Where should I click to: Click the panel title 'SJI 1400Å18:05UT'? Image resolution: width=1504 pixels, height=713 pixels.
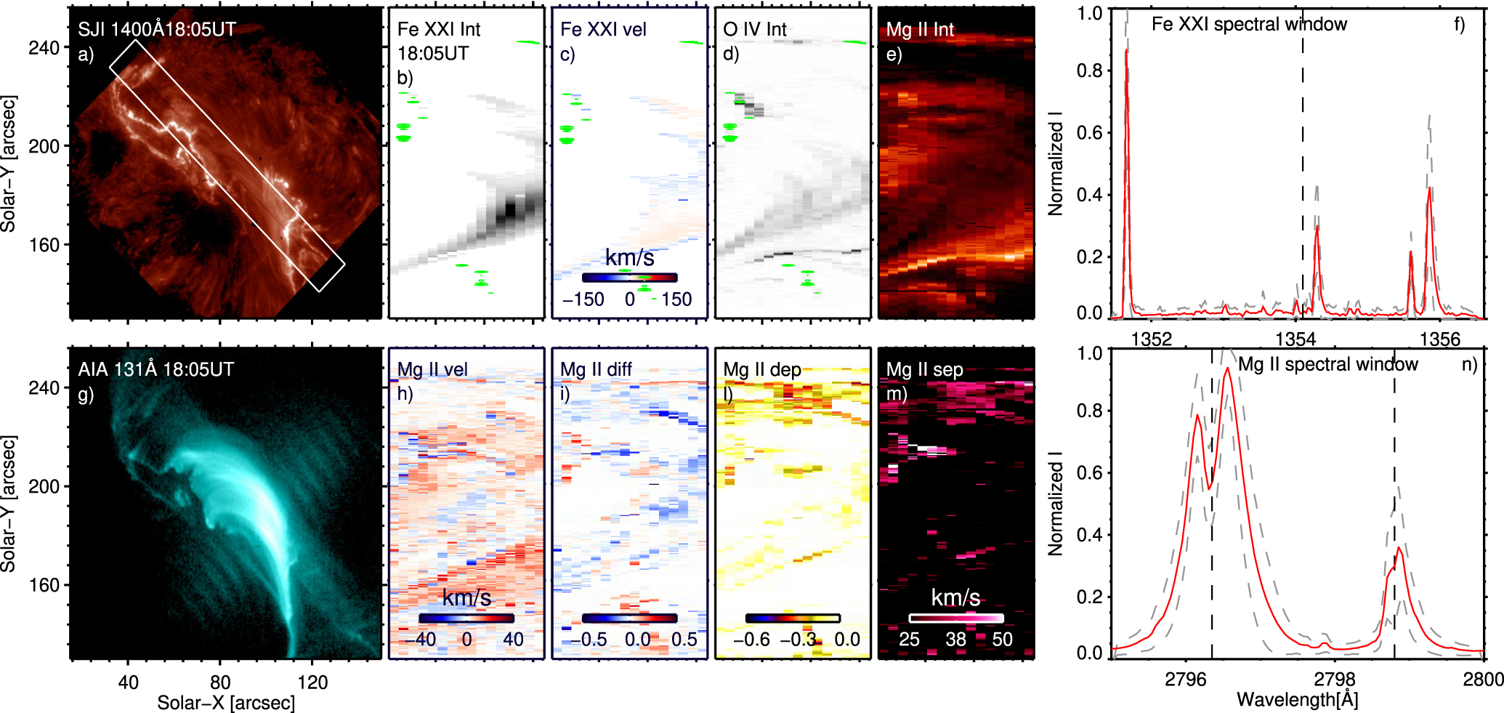(157, 29)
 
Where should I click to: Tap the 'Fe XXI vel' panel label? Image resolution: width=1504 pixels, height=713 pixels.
(603, 29)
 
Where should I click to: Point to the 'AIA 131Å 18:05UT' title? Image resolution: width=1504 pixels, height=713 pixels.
(155, 369)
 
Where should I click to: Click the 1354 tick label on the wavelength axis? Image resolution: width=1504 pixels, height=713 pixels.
(1295, 339)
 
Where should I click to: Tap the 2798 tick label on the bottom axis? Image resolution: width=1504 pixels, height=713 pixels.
(1334, 679)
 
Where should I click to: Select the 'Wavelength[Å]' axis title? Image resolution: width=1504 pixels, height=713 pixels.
(1297, 700)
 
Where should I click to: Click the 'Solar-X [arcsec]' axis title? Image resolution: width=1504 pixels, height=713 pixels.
(226, 703)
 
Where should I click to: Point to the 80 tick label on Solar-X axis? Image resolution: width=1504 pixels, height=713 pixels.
(220, 682)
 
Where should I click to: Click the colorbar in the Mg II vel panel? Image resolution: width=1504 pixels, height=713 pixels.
(466, 619)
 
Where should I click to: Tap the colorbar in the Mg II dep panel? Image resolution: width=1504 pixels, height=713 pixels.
(792, 619)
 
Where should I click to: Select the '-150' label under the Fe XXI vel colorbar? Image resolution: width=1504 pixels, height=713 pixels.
(583, 299)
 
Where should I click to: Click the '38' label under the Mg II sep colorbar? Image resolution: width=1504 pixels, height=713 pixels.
(955, 640)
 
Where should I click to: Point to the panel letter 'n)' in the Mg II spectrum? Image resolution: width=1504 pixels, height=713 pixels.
(1469, 364)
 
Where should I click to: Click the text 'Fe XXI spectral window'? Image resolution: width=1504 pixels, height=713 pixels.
(1249, 24)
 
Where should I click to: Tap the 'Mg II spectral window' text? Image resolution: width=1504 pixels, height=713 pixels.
(1327, 364)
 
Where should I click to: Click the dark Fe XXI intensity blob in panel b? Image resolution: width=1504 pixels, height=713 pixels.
(510, 211)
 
